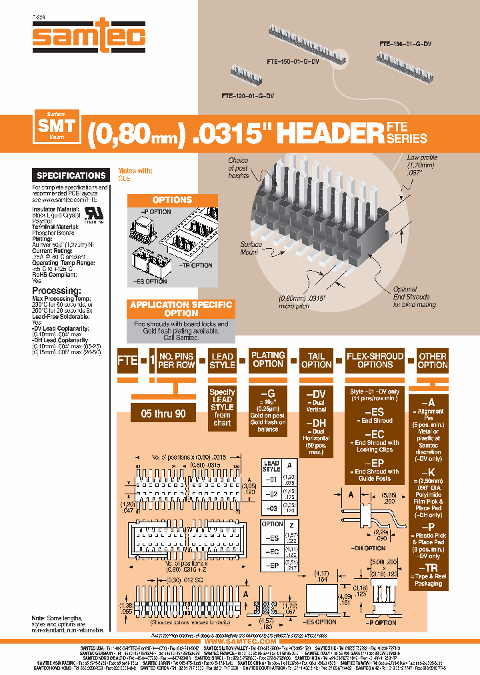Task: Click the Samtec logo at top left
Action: click(x=89, y=36)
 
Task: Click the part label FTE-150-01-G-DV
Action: click(x=294, y=61)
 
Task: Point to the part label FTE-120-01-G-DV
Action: click(x=247, y=95)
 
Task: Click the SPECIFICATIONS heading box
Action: click(x=71, y=175)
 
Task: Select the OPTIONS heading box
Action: click(x=172, y=200)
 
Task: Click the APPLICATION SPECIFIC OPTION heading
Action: click(x=181, y=309)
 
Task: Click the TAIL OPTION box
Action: click(x=316, y=360)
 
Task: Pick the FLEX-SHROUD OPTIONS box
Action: click(x=375, y=360)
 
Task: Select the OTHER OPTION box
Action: click(x=433, y=360)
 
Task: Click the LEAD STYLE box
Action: click(x=222, y=360)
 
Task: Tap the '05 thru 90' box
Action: click(x=163, y=414)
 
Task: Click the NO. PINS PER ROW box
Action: click(x=177, y=360)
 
